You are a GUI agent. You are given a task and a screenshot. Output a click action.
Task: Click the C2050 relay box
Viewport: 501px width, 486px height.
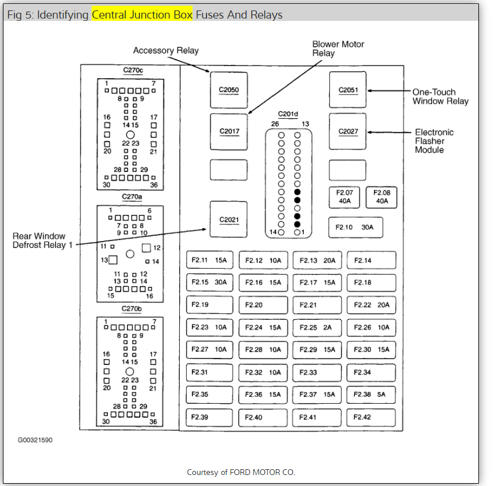tap(228, 90)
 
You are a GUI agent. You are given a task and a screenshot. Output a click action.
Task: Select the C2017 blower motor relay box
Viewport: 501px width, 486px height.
tap(228, 131)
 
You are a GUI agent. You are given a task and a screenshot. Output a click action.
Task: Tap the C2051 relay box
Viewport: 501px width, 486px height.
tap(348, 90)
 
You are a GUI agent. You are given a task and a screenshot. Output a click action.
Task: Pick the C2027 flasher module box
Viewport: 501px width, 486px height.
tap(348, 131)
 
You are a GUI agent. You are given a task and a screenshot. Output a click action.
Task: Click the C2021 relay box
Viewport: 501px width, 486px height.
tap(228, 220)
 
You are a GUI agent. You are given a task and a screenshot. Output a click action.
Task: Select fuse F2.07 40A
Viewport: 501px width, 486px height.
tap(344, 197)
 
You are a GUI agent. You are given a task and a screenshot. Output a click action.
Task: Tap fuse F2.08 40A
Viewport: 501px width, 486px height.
tap(382, 197)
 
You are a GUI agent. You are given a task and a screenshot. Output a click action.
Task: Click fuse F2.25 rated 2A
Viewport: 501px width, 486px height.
tap(316, 327)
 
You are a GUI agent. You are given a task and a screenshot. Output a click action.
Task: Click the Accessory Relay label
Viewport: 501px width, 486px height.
tap(166, 50)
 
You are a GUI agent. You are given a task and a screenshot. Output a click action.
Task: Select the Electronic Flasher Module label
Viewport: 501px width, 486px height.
tap(434, 141)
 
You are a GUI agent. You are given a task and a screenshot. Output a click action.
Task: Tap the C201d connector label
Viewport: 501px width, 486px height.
tap(288, 114)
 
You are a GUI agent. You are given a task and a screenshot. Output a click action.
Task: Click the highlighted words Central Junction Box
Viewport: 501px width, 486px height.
tap(142, 14)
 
